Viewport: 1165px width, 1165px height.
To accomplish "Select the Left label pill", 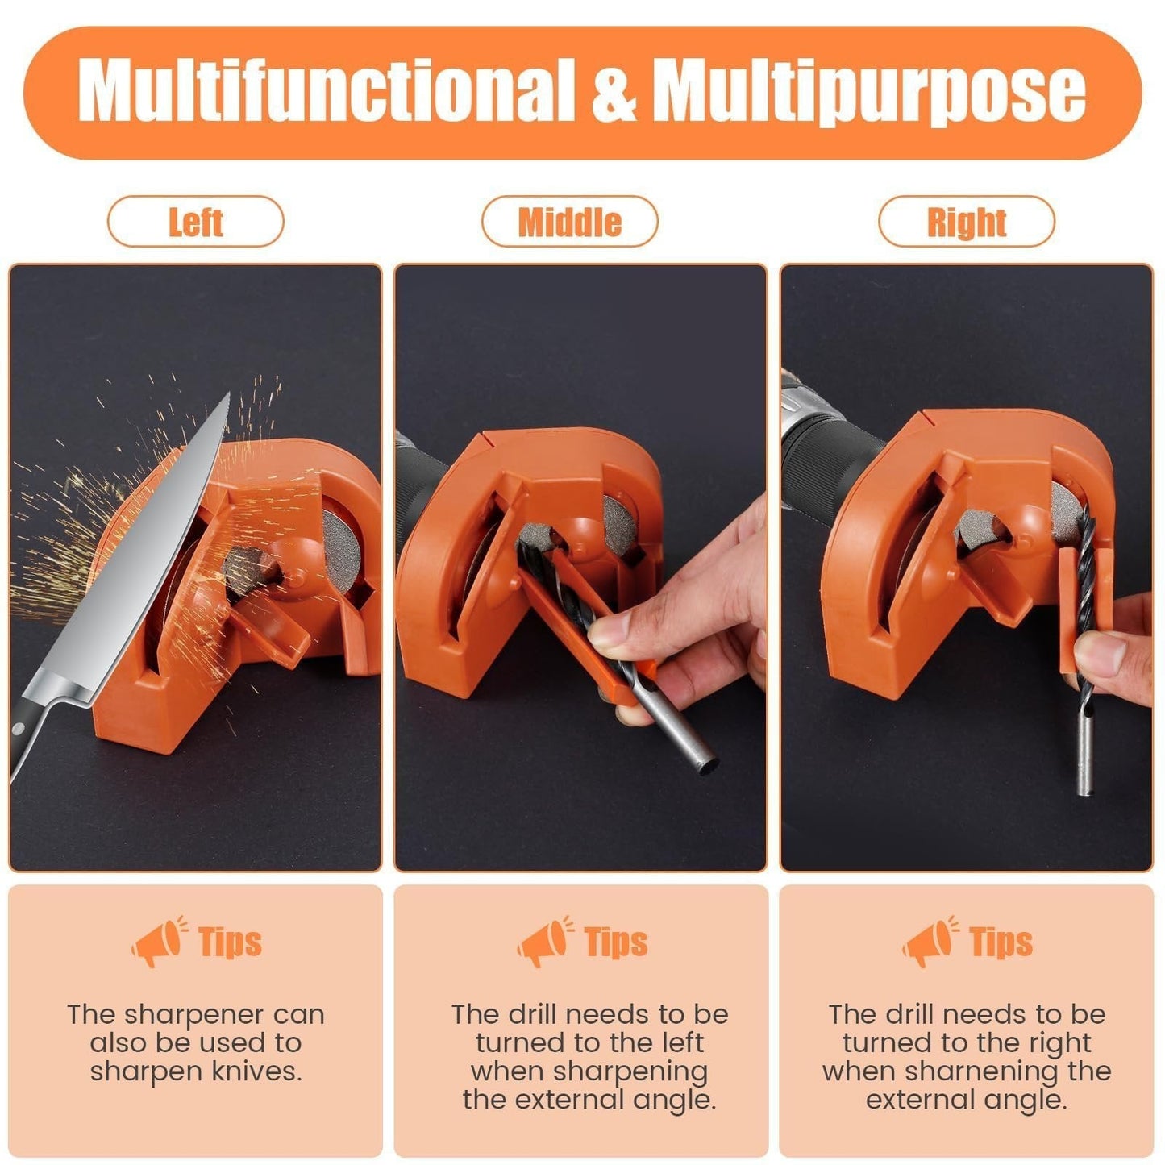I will [195, 222].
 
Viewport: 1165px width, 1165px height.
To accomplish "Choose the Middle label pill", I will [569, 222].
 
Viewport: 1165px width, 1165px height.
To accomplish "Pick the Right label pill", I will [966, 222].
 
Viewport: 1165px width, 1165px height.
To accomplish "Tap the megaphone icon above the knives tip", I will [157, 941].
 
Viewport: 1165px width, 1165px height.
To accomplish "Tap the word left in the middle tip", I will [681, 1042].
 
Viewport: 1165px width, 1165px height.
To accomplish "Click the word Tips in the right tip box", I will [1001, 941].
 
